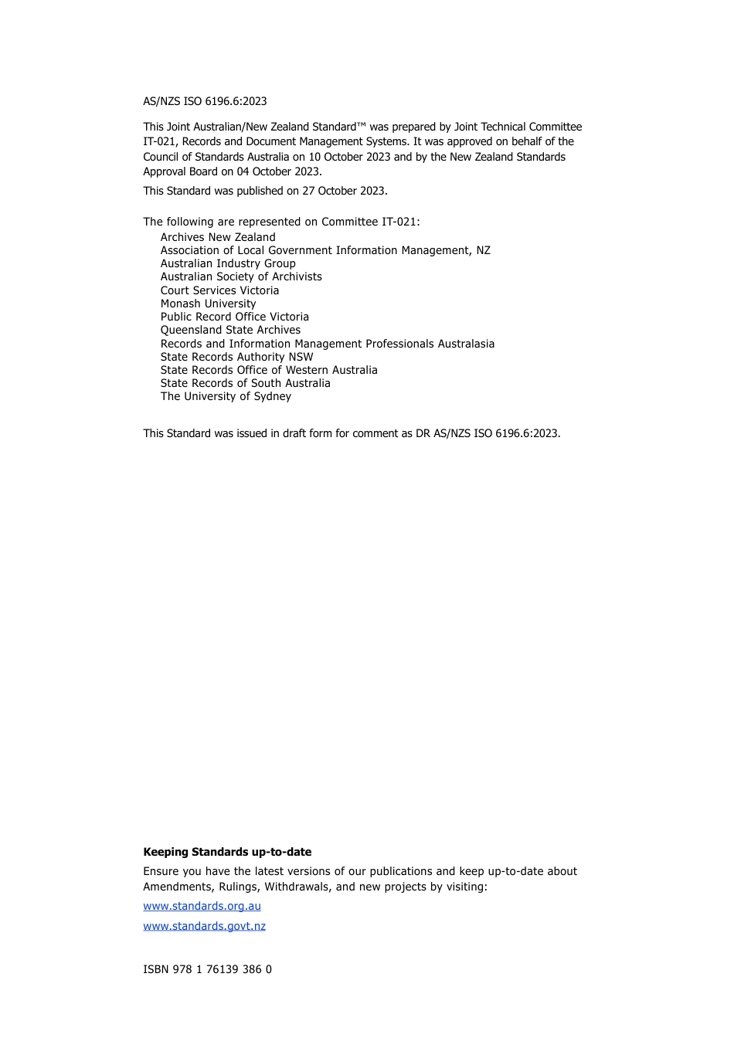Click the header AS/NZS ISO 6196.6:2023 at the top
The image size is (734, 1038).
205,101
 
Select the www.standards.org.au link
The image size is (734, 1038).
202,906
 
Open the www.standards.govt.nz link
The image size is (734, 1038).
204,926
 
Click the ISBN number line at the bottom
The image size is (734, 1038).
207,969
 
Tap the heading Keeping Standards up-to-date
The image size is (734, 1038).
227,852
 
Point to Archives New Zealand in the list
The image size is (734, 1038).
218,237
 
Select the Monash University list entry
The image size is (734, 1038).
208,304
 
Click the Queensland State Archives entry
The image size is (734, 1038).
230,330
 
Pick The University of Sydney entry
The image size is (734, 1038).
226,396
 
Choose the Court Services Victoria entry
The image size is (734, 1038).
219,290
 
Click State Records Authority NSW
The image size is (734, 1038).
236,357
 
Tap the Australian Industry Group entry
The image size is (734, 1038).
228,263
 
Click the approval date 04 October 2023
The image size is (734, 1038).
279,171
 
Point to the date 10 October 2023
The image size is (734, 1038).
349,157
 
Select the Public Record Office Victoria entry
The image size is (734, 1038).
234,317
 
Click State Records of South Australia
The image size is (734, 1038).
245,383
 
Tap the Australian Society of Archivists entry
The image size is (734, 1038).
241,276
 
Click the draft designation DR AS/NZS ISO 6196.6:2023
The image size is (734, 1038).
487,433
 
